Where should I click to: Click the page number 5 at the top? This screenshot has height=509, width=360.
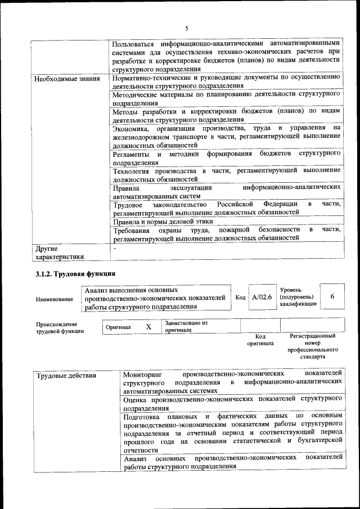(x=186, y=28)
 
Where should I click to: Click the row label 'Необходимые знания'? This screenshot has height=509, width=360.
(x=66, y=78)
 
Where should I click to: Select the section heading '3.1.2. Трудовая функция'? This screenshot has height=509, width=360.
(x=75, y=274)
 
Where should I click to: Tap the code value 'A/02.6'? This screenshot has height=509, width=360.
(x=262, y=296)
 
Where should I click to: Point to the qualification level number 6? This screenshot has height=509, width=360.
(x=332, y=296)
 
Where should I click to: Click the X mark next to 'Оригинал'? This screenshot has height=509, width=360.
(x=148, y=327)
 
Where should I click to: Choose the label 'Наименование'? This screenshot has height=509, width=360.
(x=54, y=299)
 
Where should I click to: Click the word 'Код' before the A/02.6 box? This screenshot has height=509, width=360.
(x=240, y=297)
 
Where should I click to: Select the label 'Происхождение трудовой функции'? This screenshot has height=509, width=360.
(x=60, y=328)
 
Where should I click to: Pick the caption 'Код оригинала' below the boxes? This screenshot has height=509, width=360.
(x=260, y=340)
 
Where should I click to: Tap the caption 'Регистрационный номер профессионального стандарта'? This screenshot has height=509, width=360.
(x=312, y=346)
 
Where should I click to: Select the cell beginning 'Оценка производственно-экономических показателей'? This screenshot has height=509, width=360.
(x=233, y=403)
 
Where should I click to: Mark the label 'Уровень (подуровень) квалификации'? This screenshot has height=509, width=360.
(x=298, y=296)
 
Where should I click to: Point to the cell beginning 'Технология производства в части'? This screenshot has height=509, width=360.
(x=226, y=174)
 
